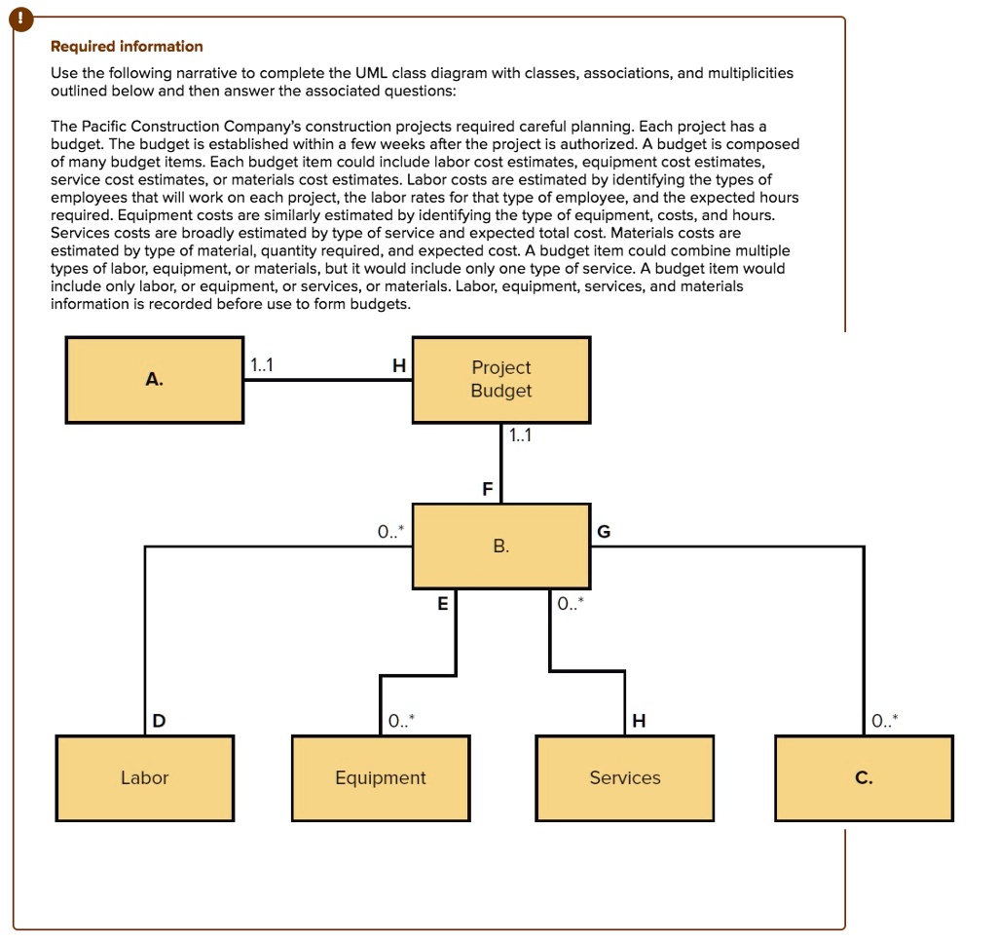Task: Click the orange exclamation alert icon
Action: (x=13, y=18)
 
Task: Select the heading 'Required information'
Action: (x=127, y=47)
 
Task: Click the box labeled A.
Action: (x=155, y=380)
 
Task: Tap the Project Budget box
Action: (x=501, y=380)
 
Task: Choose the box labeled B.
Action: (x=501, y=547)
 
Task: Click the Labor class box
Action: (x=144, y=778)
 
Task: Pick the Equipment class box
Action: (x=381, y=778)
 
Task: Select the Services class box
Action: (x=624, y=778)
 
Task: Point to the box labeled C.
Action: (x=864, y=778)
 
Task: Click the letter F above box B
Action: (x=488, y=489)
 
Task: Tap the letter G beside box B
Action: (x=604, y=532)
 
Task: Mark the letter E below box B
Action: (x=442, y=604)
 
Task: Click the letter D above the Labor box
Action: (x=159, y=721)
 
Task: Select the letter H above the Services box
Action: (x=638, y=721)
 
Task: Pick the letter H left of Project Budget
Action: (x=397, y=366)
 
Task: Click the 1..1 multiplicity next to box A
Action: (x=262, y=366)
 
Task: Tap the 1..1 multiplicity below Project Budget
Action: (x=520, y=435)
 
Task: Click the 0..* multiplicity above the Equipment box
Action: (x=400, y=722)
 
